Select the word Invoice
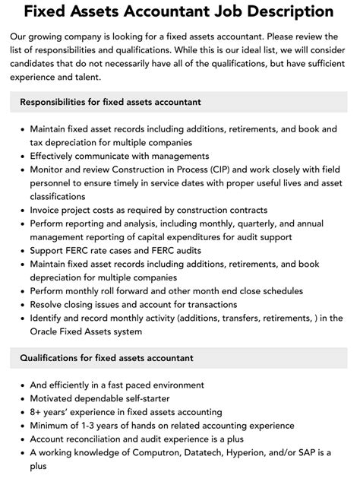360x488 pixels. (x=49, y=210)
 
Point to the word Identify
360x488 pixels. (x=49, y=318)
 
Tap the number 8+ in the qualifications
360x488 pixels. (x=37, y=412)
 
